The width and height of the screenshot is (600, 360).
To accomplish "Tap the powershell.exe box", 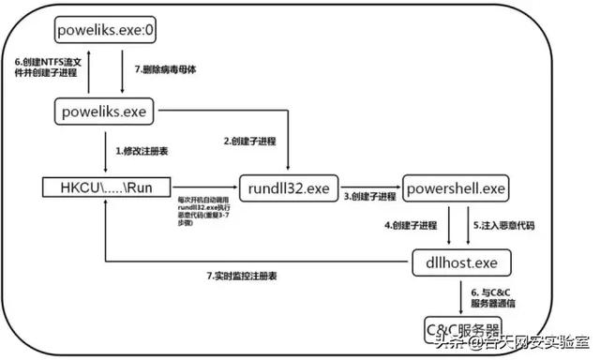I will tap(456, 187).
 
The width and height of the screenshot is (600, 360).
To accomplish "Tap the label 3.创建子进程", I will tap(369, 197).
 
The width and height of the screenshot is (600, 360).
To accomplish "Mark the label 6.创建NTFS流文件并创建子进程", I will tap(46, 68).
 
